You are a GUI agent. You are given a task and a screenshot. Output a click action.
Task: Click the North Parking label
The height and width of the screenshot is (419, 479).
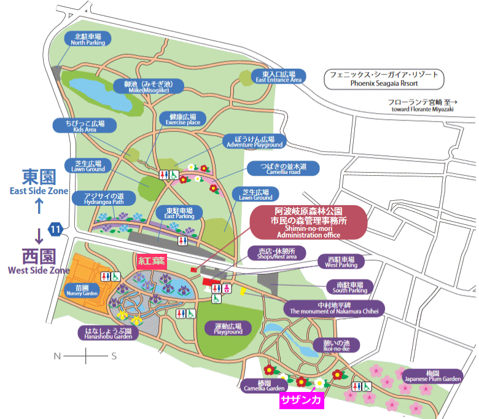pyautogui.click(x=87, y=39)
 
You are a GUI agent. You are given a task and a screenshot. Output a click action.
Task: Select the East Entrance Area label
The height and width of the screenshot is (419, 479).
pyautogui.click(x=278, y=76)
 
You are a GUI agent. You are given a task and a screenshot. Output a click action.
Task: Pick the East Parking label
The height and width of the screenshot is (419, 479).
pyautogui.click(x=179, y=213)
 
